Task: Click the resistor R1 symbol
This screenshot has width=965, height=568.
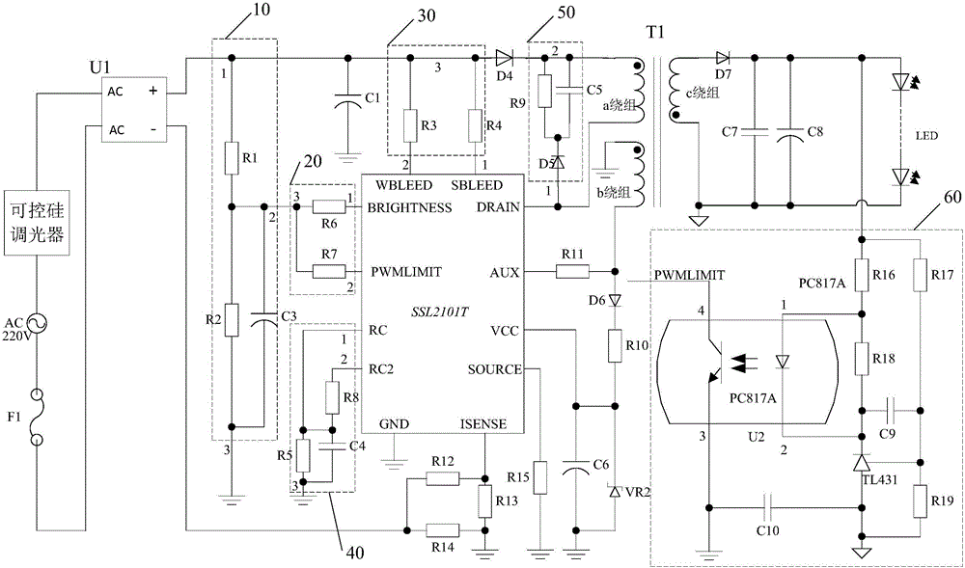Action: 232,158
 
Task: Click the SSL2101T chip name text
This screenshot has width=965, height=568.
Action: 439,311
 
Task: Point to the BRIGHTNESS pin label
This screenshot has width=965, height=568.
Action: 409,207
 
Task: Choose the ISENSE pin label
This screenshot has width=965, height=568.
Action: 483,424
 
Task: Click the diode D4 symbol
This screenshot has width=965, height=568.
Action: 504,59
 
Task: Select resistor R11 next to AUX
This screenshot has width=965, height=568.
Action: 572,271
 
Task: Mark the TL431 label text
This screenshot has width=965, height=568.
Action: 882,479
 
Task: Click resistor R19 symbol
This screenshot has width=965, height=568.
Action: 921,501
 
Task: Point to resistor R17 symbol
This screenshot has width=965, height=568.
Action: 921,275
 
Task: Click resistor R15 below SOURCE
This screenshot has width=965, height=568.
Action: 538,476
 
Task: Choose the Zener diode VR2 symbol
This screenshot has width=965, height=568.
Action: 614,491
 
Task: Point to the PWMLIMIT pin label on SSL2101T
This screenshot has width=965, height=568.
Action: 405,271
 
